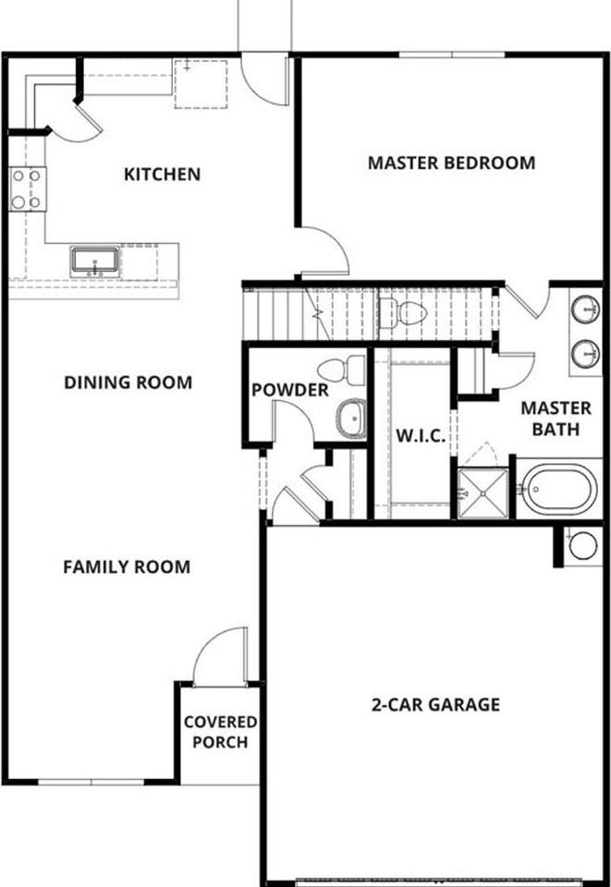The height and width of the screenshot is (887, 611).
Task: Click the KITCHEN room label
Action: [162, 174]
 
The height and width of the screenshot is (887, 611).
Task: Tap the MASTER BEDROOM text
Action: [451, 164]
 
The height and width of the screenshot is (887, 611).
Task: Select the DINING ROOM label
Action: [128, 383]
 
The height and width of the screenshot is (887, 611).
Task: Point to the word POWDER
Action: [289, 391]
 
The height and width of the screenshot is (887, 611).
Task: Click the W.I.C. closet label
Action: [421, 435]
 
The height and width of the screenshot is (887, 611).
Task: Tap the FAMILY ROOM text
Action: [127, 566]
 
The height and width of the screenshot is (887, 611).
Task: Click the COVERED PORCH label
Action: [220, 732]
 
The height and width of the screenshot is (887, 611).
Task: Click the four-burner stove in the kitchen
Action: [27, 188]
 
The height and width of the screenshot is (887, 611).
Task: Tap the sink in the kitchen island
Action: [94, 261]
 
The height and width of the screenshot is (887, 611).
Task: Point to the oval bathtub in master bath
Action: [557, 490]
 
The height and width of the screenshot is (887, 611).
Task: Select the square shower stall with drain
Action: [483, 493]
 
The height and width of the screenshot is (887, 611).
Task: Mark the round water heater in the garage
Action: [583, 545]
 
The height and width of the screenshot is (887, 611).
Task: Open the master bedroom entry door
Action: [324, 249]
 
